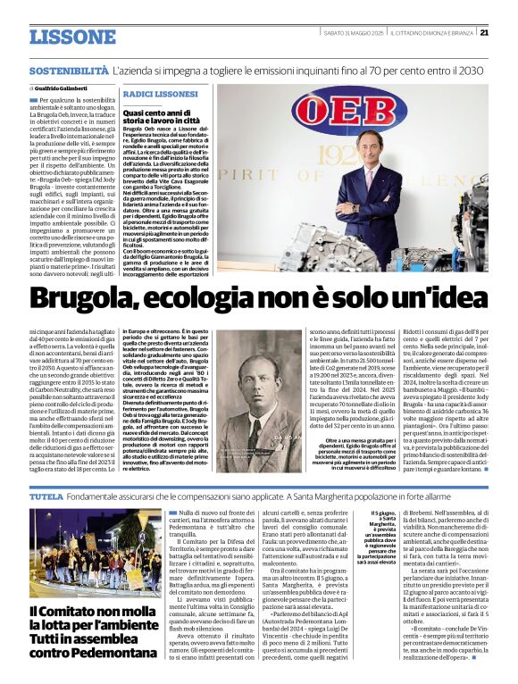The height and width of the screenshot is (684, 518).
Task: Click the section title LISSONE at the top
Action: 71,37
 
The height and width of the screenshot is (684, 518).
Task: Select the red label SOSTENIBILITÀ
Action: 69,70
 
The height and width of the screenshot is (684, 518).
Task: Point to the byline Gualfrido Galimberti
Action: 60,89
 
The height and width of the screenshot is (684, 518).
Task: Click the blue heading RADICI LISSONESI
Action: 160,94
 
